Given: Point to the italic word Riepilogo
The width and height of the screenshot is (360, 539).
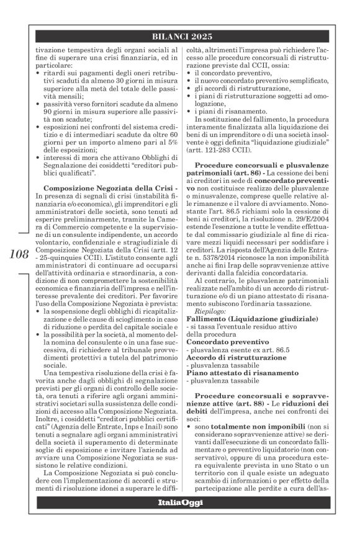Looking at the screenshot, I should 211,311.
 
